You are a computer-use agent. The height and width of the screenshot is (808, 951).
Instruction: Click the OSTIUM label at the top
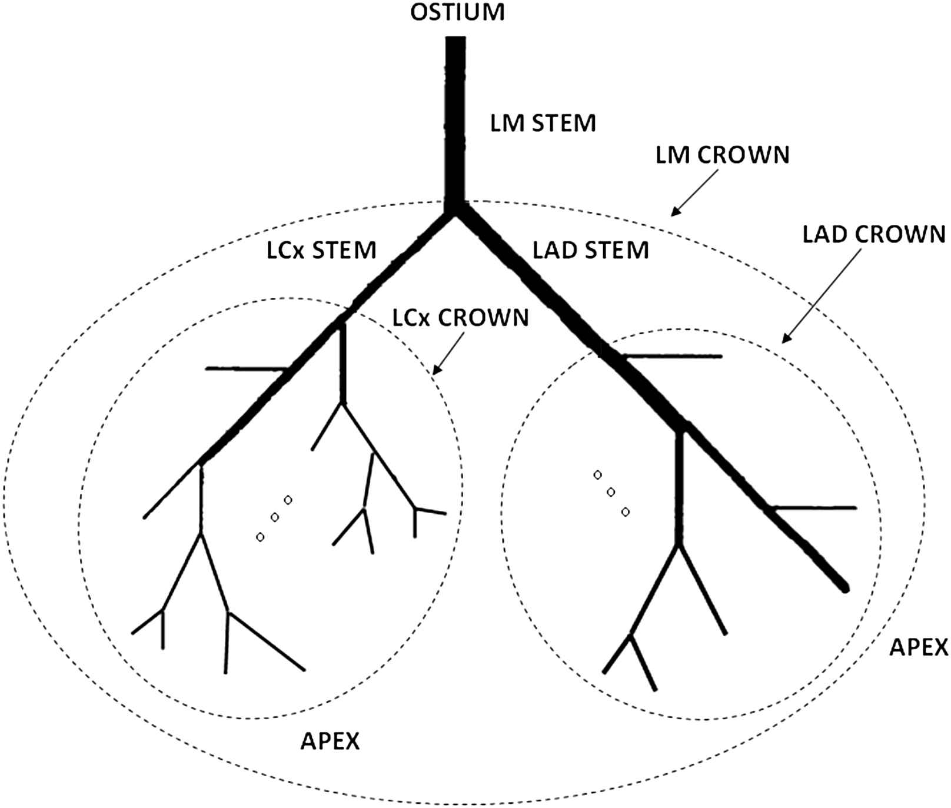(x=457, y=12)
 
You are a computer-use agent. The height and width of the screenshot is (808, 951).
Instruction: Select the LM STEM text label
(x=543, y=124)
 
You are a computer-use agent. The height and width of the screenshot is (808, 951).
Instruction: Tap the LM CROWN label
(x=722, y=155)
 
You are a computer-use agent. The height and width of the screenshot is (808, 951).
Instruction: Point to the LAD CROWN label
(x=873, y=234)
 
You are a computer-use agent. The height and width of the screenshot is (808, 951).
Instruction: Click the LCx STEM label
(x=321, y=250)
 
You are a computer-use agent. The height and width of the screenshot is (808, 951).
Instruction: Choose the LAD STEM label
(x=590, y=250)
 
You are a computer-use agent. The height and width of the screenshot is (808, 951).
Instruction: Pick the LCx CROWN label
(x=460, y=318)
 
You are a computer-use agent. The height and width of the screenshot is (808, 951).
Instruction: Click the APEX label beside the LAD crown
(x=918, y=647)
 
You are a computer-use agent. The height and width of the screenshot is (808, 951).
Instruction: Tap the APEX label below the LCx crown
(x=330, y=741)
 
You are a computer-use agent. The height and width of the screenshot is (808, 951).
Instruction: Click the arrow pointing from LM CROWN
(x=695, y=192)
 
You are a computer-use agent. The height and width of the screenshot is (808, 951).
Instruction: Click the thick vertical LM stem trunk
(x=455, y=118)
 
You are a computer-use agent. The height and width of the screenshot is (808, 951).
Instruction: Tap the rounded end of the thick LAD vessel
(x=844, y=586)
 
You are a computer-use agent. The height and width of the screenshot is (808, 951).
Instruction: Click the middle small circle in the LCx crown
(x=274, y=517)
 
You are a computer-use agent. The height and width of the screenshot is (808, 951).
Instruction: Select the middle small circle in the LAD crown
(x=611, y=492)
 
